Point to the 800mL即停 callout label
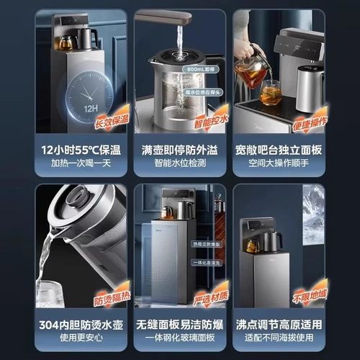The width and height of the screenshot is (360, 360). pyautogui.click(x=201, y=70)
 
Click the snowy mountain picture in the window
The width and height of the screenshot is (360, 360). pyautogui.click(x=313, y=216)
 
